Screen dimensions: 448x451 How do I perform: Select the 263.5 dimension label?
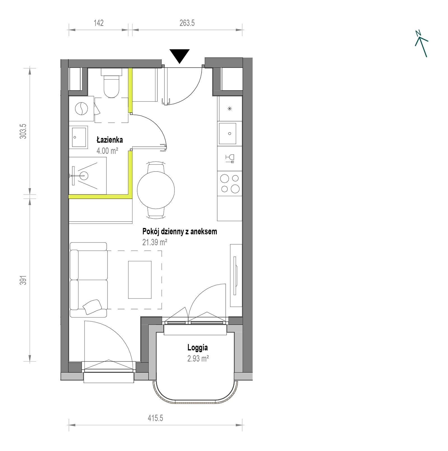pyautogui.click(x=187, y=23)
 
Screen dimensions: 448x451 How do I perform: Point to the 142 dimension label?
pyautogui.click(x=99, y=23)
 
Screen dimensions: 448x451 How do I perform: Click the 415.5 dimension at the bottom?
pyautogui.click(x=155, y=418)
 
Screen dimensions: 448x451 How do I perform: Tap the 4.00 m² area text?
pyautogui.click(x=107, y=151)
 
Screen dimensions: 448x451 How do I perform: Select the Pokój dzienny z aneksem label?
pyautogui.click(x=179, y=232)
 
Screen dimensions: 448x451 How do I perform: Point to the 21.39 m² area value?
pyautogui.click(x=155, y=242)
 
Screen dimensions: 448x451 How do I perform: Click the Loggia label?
pyautogui.click(x=198, y=348)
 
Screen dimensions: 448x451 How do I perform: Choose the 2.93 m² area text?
pyautogui.click(x=198, y=359)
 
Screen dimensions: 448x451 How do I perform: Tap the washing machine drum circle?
pyautogui.click(x=81, y=109)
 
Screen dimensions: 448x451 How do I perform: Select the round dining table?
pyautogui.click(x=156, y=190)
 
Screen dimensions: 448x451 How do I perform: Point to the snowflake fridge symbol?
pyautogui.click(x=230, y=109)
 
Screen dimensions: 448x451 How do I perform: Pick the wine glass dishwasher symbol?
pyautogui.click(x=230, y=158)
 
